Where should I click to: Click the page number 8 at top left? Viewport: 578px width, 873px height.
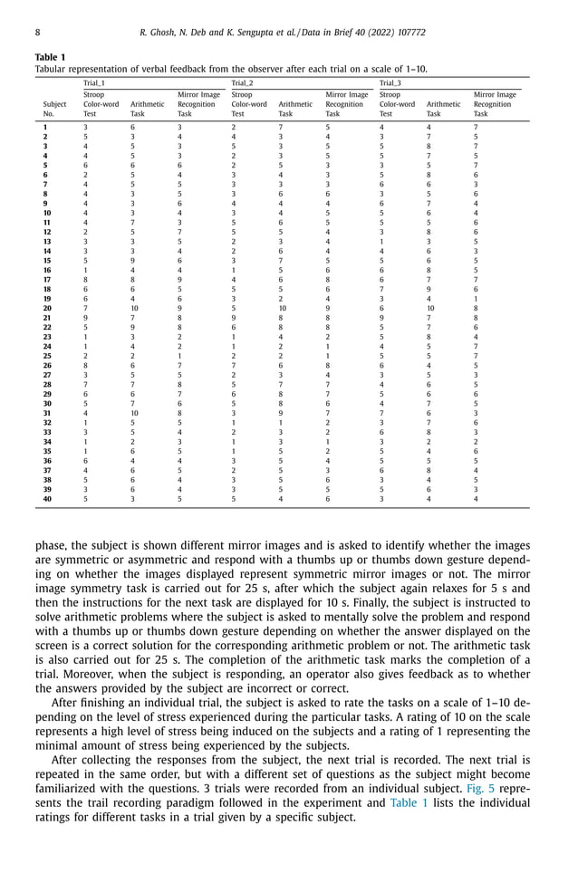(36, 33)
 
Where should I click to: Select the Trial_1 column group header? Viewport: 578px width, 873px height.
(94, 82)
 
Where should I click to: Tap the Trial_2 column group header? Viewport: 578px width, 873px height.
(242, 82)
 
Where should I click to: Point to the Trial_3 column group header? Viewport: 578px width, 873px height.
(390, 82)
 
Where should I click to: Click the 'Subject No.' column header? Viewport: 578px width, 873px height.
(54, 110)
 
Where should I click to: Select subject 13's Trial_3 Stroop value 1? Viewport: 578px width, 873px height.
(381, 243)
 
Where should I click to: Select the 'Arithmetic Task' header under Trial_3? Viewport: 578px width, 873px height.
(443, 110)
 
